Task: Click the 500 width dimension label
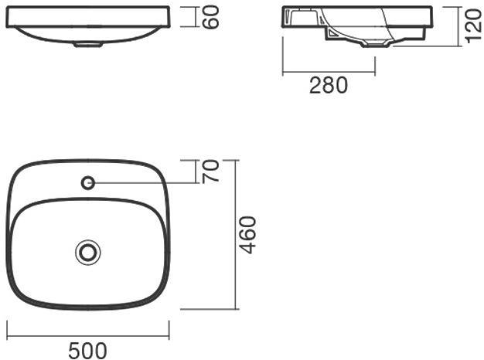pyautogui.click(x=87, y=351)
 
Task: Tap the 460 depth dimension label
pyautogui.click(x=247, y=235)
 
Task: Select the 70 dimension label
pyautogui.click(x=211, y=172)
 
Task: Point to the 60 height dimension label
pyautogui.click(x=211, y=17)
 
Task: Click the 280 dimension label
pyautogui.click(x=329, y=85)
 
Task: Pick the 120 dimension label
pyautogui.click(x=472, y=26)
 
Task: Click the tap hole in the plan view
pyautogui.click(x=88, y=183)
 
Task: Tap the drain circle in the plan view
pyautogui.click(x=88, y=253)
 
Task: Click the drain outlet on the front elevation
pyautogui.click(x=87, y=45)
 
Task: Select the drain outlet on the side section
pyautogui.click(x=376, y=45)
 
